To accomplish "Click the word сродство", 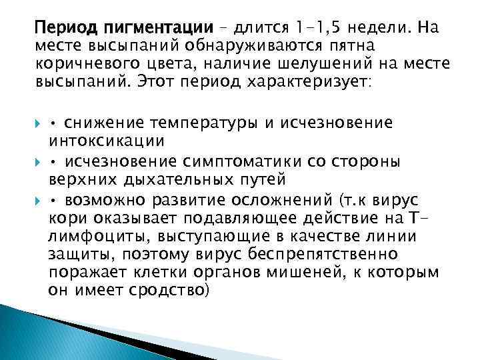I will coord(174,291).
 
